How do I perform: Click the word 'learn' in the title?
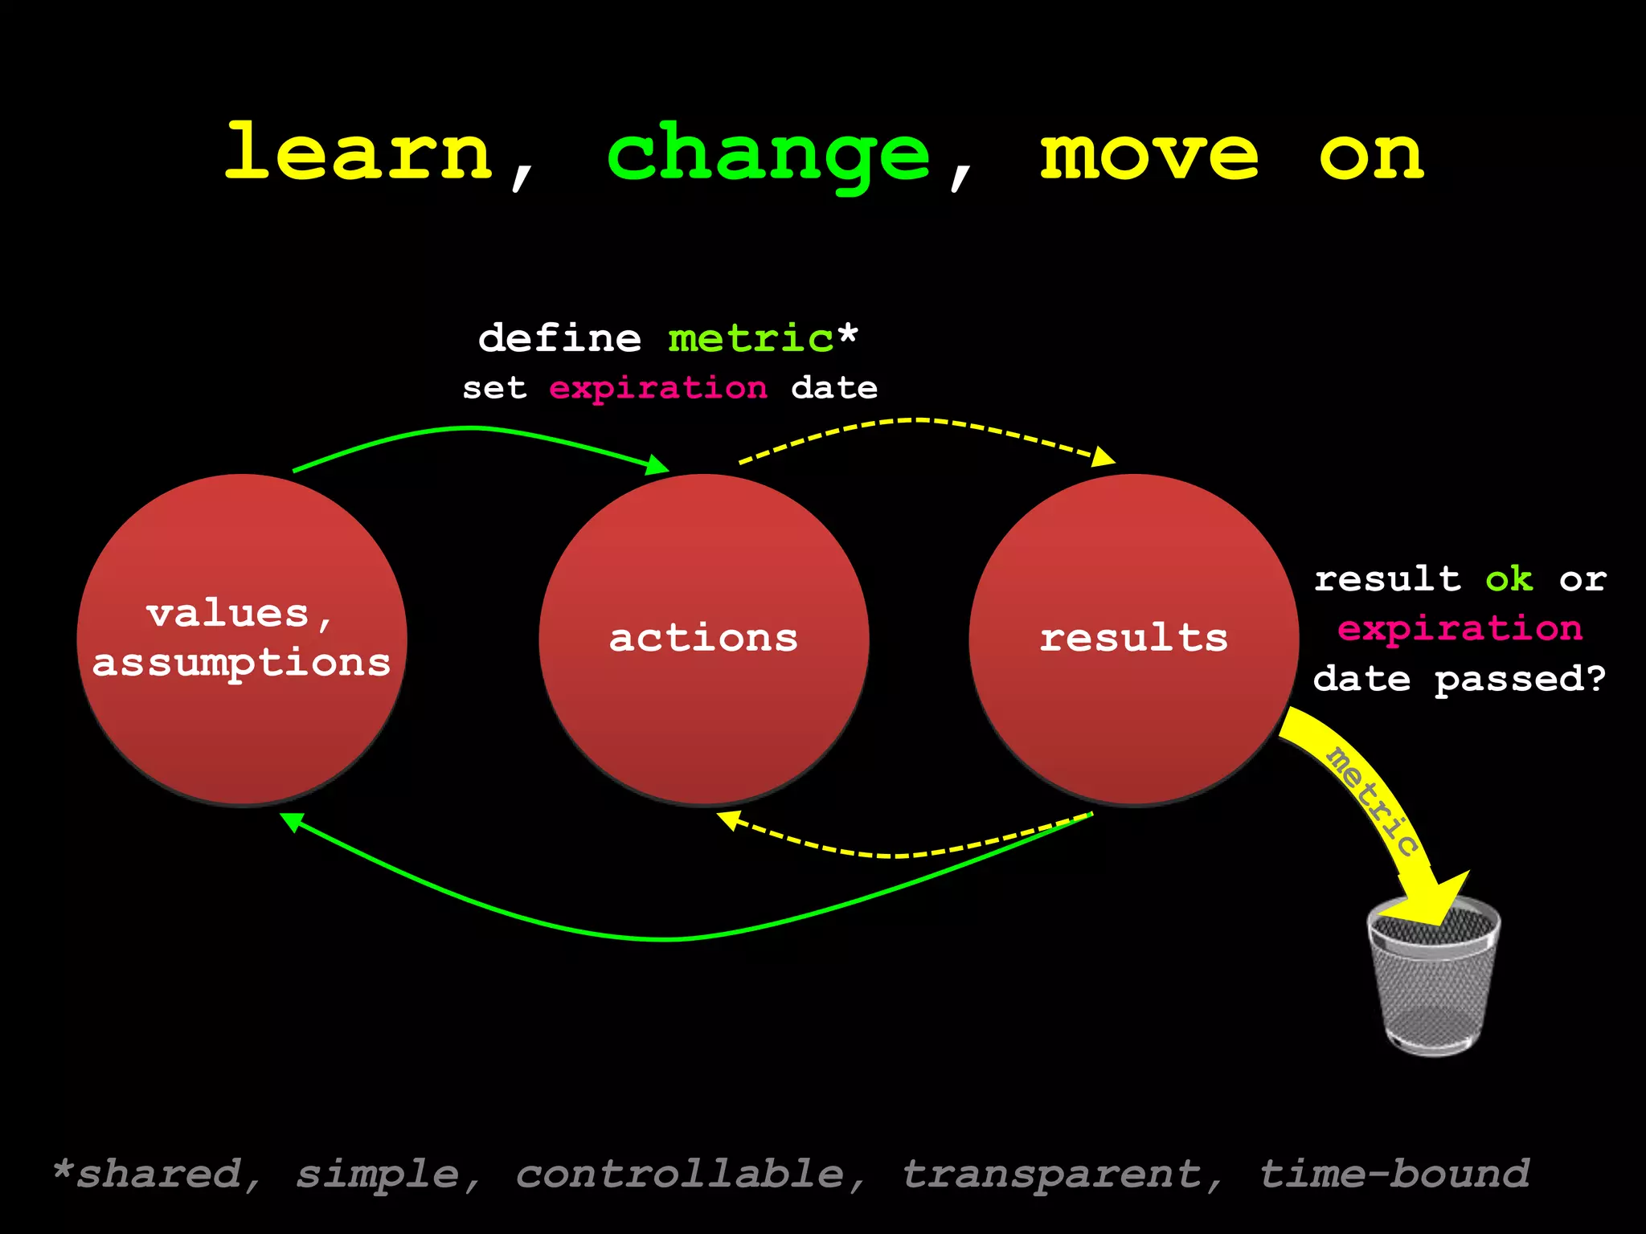coord(358,153)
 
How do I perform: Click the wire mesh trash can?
coord(1433,980)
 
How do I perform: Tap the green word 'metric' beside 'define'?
coord(751,338)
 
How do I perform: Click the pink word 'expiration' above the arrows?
coord(657,389)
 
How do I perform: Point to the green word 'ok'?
coord(1509,579)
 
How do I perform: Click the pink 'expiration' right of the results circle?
coord(1460,628)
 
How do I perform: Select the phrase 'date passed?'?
coord(1459,679)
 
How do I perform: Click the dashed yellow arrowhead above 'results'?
coord(1105,457)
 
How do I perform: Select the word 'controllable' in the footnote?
coord(680,1174)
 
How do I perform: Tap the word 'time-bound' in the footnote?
coord(1394,1174)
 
